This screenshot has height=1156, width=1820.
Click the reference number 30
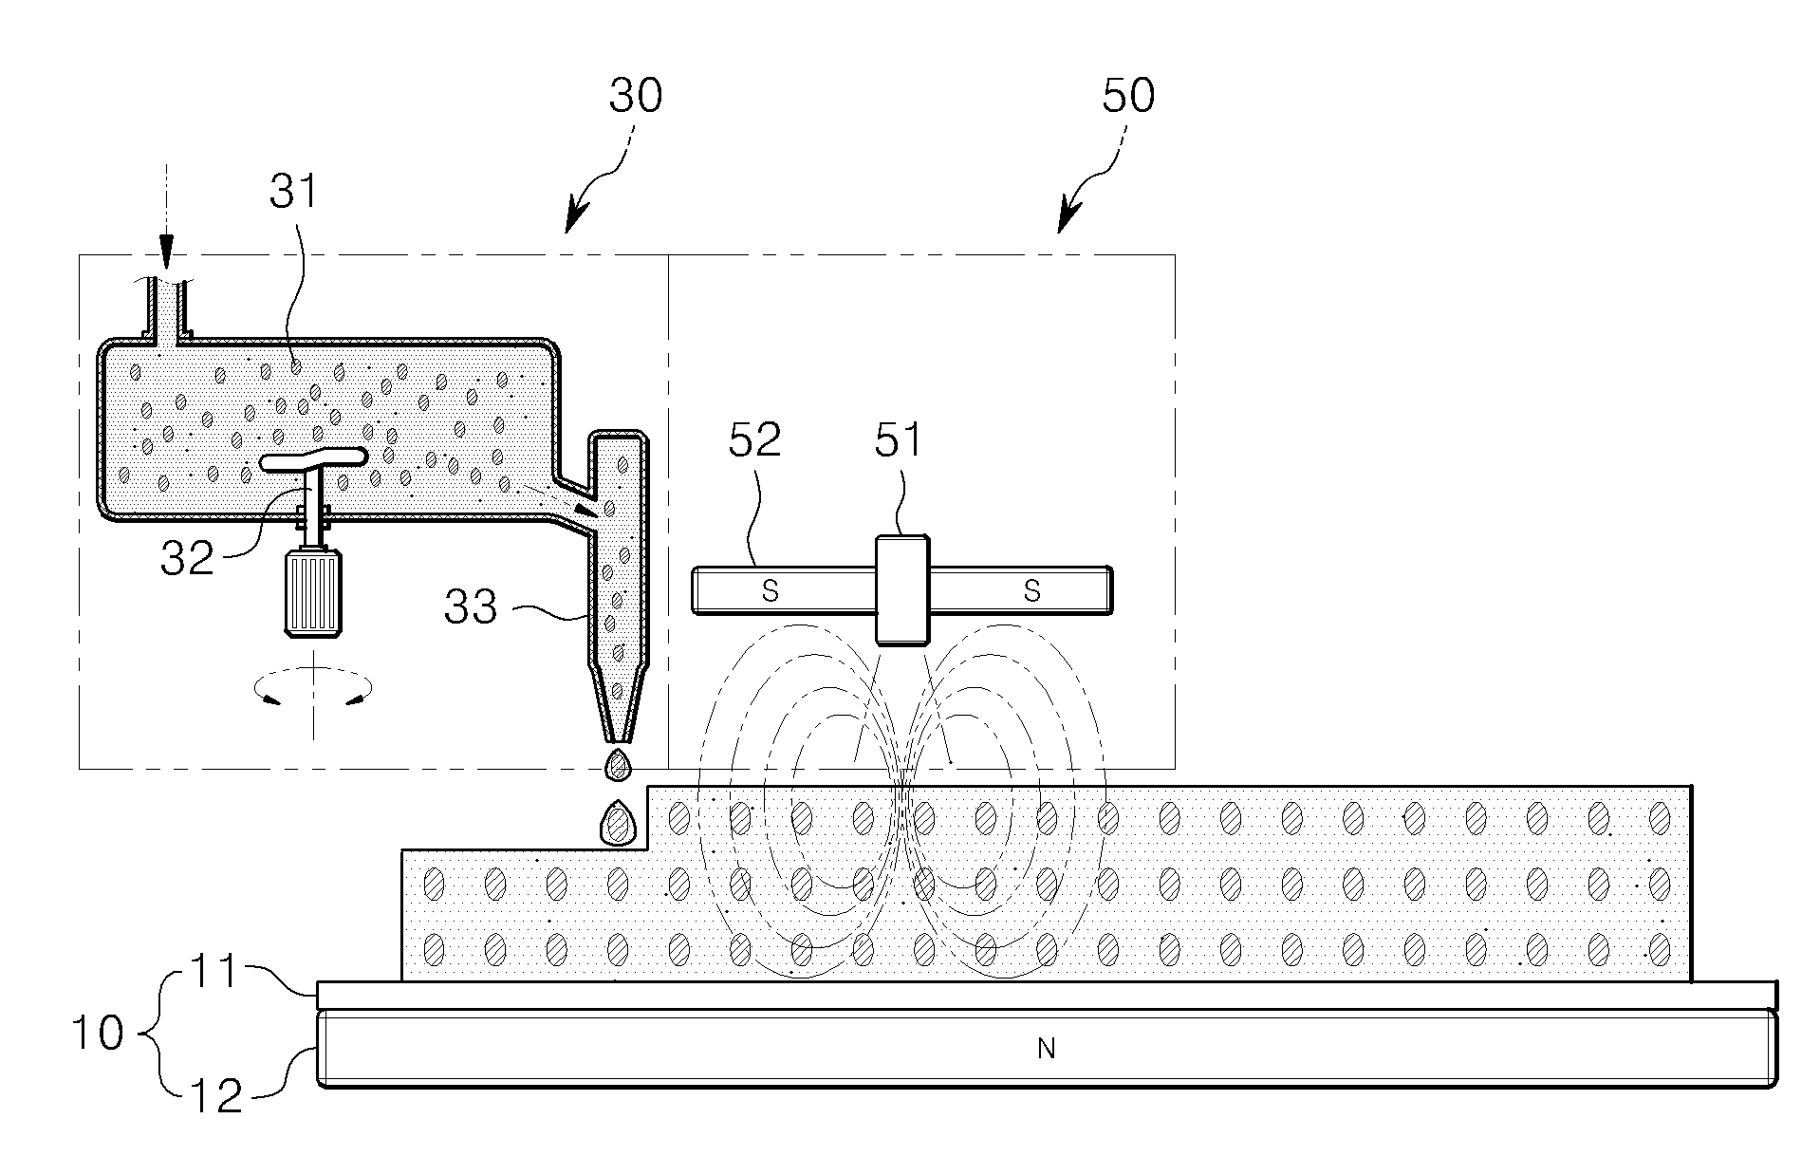point(636,96)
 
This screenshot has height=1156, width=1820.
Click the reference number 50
point(1128,96)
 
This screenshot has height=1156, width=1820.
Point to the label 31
point(293,191)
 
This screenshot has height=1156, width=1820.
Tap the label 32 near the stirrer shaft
point(188,558)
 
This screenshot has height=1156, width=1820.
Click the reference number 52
point(754,439)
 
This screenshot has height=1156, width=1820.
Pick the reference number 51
point(898,439)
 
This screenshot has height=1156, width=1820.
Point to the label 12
point(218,1095)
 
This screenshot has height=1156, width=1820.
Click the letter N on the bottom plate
point(1047,1048)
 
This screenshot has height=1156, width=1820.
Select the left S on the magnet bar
point(771,591)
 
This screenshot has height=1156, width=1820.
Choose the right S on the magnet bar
point(1032,591)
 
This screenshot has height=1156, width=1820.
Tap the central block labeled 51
point(902,589)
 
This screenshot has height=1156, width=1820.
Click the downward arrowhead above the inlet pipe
point(167,256)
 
